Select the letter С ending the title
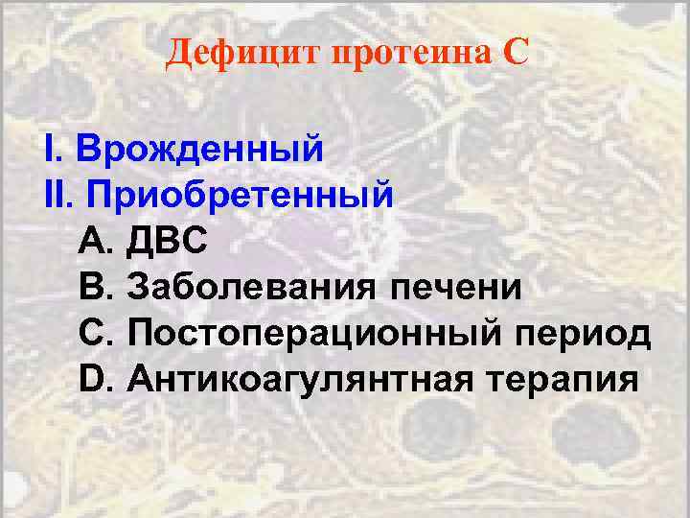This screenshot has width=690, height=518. (515, 53)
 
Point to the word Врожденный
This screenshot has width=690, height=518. (198, 150)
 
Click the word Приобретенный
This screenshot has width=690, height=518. (240, 196)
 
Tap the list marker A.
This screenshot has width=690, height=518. (96, 241)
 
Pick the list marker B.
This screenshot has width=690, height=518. (96, 287)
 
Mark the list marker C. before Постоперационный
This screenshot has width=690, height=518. (97, 333)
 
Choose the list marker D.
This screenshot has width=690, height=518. (97, 378)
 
